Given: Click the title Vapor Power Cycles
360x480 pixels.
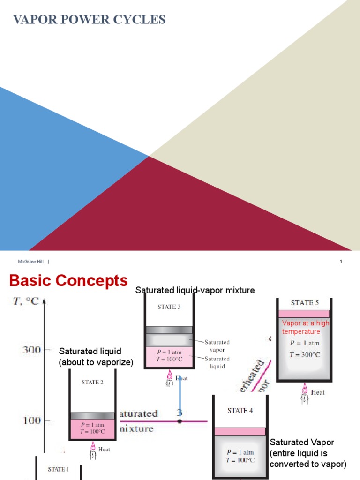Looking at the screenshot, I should (x=89, y=20).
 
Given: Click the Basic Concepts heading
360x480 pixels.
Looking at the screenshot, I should (x=68, y=281).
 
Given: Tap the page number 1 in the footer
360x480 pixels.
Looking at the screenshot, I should (x=341, y=262).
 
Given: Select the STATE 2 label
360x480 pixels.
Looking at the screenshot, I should (x=92, y=382).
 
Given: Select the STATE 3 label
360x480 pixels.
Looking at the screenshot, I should (x=169, y=307).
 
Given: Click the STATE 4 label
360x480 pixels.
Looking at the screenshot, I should (x=240, y=411).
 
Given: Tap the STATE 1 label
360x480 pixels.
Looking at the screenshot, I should (x=59, y=469).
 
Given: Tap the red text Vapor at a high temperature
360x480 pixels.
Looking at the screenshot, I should (x=305, y=327).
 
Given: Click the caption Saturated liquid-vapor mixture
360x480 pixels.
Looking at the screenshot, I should (x=195, y=291).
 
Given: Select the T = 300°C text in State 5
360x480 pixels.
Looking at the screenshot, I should (x=305, y=354).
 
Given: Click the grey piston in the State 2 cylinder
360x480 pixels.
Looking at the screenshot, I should (x=92, y=416).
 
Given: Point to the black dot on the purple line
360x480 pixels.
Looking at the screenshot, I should (x=180, y=421).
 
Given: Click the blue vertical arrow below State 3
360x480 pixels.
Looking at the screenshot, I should (x=179, y=394).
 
